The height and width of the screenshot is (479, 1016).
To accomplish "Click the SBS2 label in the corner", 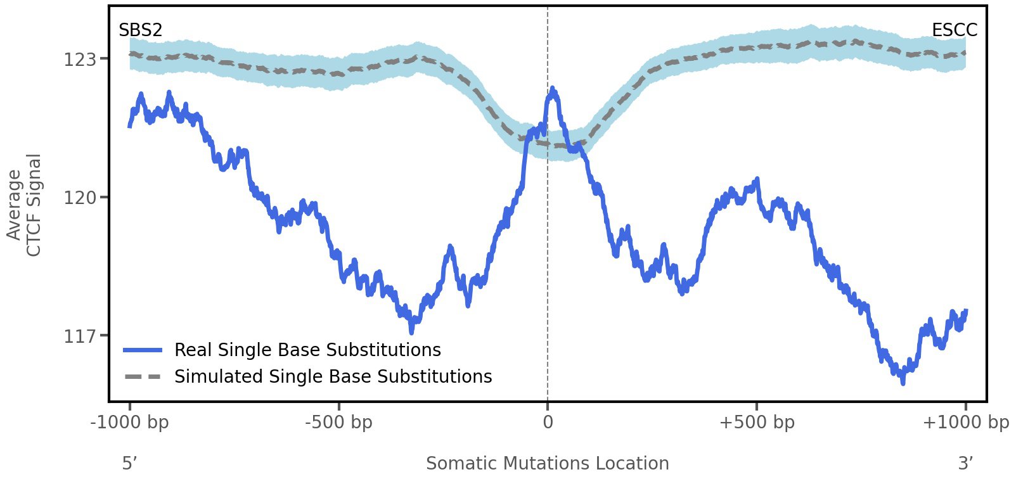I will (140, 30).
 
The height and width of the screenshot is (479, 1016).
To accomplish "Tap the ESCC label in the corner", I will (954, 30).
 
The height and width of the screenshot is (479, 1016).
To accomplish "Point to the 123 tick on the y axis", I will (79, 60).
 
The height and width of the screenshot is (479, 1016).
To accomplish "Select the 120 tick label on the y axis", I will (79, 198).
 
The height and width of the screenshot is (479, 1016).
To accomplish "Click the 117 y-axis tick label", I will (79, 336).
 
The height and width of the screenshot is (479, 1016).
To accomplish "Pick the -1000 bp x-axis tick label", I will (130, 423).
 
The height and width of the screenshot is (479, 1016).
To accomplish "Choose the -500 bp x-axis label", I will (338, 423).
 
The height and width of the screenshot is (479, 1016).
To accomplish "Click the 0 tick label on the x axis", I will (548, 423).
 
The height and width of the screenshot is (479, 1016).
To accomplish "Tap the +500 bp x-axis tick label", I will (757, 423).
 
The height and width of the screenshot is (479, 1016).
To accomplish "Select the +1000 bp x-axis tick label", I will (965, 423).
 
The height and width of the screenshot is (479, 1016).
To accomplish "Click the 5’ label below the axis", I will (129, 463).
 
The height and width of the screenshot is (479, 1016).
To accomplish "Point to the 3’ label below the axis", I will (965, 463).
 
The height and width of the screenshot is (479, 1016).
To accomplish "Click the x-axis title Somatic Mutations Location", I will (547, 463).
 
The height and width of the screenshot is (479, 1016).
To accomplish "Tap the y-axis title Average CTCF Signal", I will (24, 205).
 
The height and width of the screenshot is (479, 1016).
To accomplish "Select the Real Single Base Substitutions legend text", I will (307, 350).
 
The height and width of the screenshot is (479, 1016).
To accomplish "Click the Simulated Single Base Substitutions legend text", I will (333, 376).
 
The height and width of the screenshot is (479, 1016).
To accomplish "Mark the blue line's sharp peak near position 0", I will (553, 89).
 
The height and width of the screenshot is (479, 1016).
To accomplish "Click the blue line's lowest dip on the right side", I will (903, 381).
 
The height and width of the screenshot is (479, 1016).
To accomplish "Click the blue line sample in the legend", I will (143, 350).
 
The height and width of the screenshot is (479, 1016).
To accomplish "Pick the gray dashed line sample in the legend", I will (143, 376).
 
